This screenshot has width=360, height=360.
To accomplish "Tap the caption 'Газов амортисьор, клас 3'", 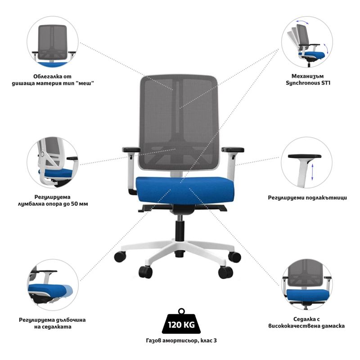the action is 181,341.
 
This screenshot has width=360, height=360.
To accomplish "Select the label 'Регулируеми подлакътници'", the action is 307,198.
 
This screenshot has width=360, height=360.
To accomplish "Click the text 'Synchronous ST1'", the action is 308,83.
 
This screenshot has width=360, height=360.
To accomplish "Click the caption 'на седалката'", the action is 53,327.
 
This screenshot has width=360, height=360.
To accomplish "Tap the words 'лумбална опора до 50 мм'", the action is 53,204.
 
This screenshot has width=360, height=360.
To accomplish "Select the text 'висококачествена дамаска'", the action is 306,326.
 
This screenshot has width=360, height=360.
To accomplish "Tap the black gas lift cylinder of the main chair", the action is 180,231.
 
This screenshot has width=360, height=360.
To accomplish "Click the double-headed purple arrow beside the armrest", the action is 312,172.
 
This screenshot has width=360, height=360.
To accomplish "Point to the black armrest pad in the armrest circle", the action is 305,156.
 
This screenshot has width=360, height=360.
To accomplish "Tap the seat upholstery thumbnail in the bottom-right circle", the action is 307,285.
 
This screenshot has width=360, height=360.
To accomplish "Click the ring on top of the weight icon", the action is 181,311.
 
